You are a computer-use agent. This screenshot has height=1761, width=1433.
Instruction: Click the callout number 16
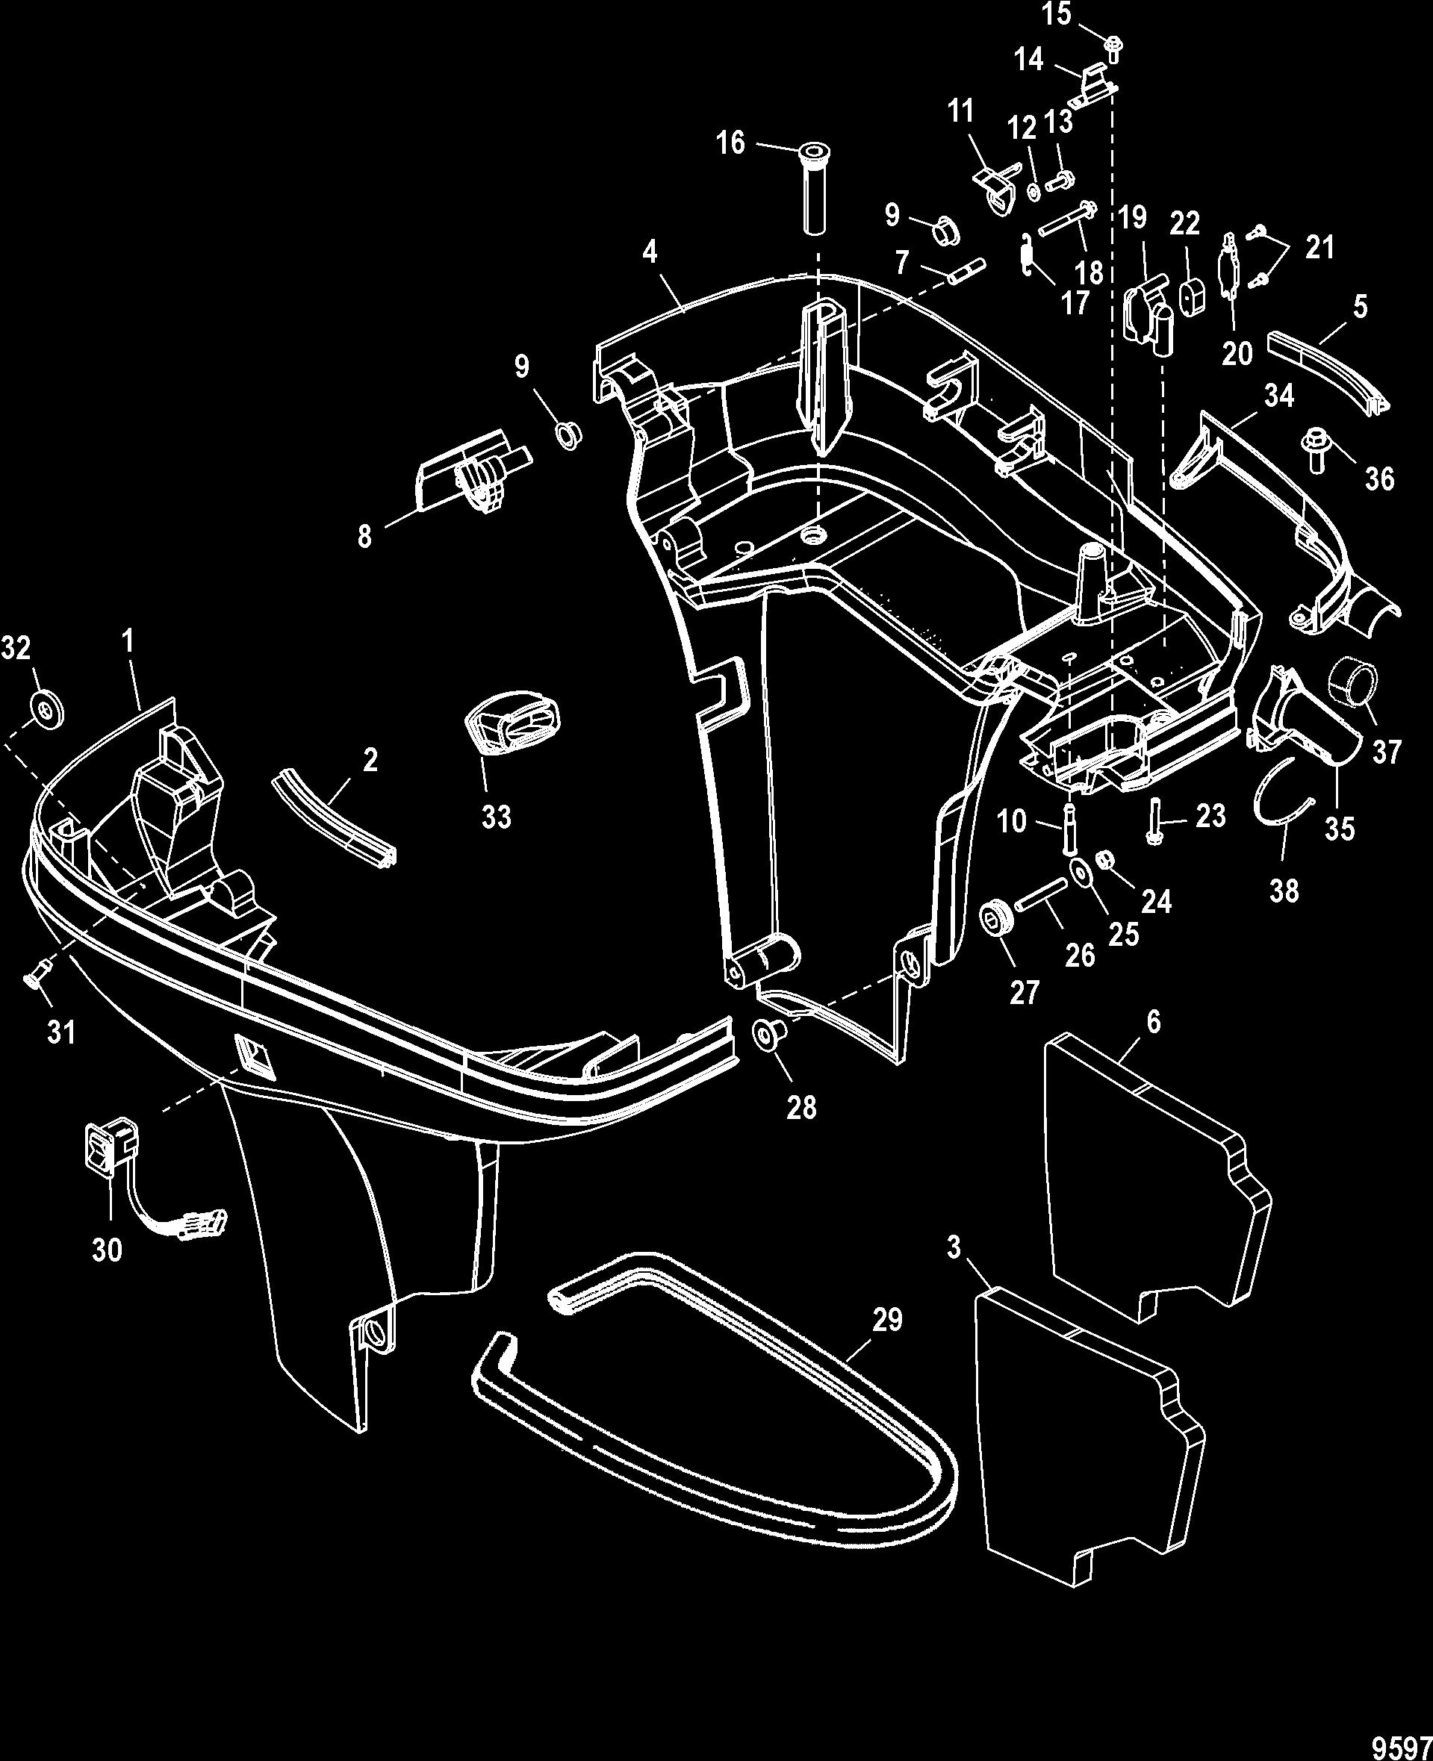pyautogui.click(x=730, y=143)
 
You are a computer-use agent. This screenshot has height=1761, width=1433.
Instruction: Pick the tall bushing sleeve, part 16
pyautogui.click(x=813, y=190)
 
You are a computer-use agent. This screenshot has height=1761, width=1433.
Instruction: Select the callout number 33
pyautogui.click(x=497, y=816)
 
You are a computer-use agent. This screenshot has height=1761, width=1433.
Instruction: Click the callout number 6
pyautogui.click(x=1153, y=1022)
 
